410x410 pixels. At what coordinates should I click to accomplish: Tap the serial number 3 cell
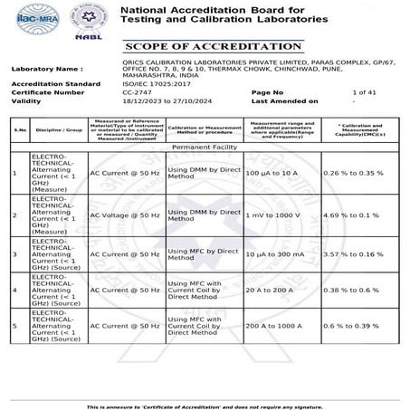pos(14,254)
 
